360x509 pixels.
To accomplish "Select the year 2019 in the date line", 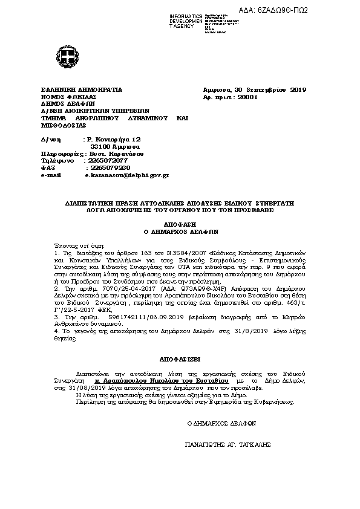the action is click(298, 90).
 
